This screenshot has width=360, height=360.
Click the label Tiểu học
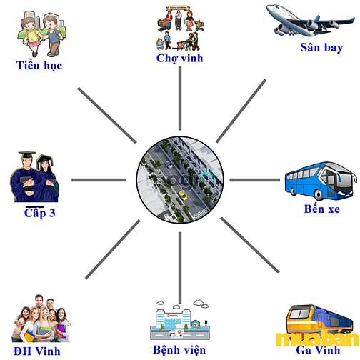(39, 66)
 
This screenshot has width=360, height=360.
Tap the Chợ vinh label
(180, 59)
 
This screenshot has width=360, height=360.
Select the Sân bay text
(321, 47)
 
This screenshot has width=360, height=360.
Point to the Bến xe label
(322, 209)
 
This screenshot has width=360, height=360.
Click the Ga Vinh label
(318, 350)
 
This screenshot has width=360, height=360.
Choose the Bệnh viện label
(179, 350)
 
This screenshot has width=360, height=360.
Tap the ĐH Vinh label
(37, 351)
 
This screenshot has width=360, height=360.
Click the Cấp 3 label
(40, 212)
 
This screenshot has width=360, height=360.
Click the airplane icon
(310, 21)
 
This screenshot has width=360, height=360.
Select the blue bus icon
(321, 181)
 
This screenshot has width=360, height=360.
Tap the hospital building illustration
(180, 320)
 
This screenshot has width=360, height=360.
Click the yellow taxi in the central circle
(183, 195)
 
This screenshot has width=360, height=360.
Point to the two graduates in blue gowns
(34, 177)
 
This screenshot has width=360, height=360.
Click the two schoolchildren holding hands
(42, 34)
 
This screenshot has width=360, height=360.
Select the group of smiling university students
(41, 319)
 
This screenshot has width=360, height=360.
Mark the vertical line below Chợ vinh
(180, 99)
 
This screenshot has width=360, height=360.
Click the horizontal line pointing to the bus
(254, 180)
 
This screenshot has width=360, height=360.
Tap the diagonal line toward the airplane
(241, 111)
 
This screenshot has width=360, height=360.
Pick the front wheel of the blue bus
(319, 195)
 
